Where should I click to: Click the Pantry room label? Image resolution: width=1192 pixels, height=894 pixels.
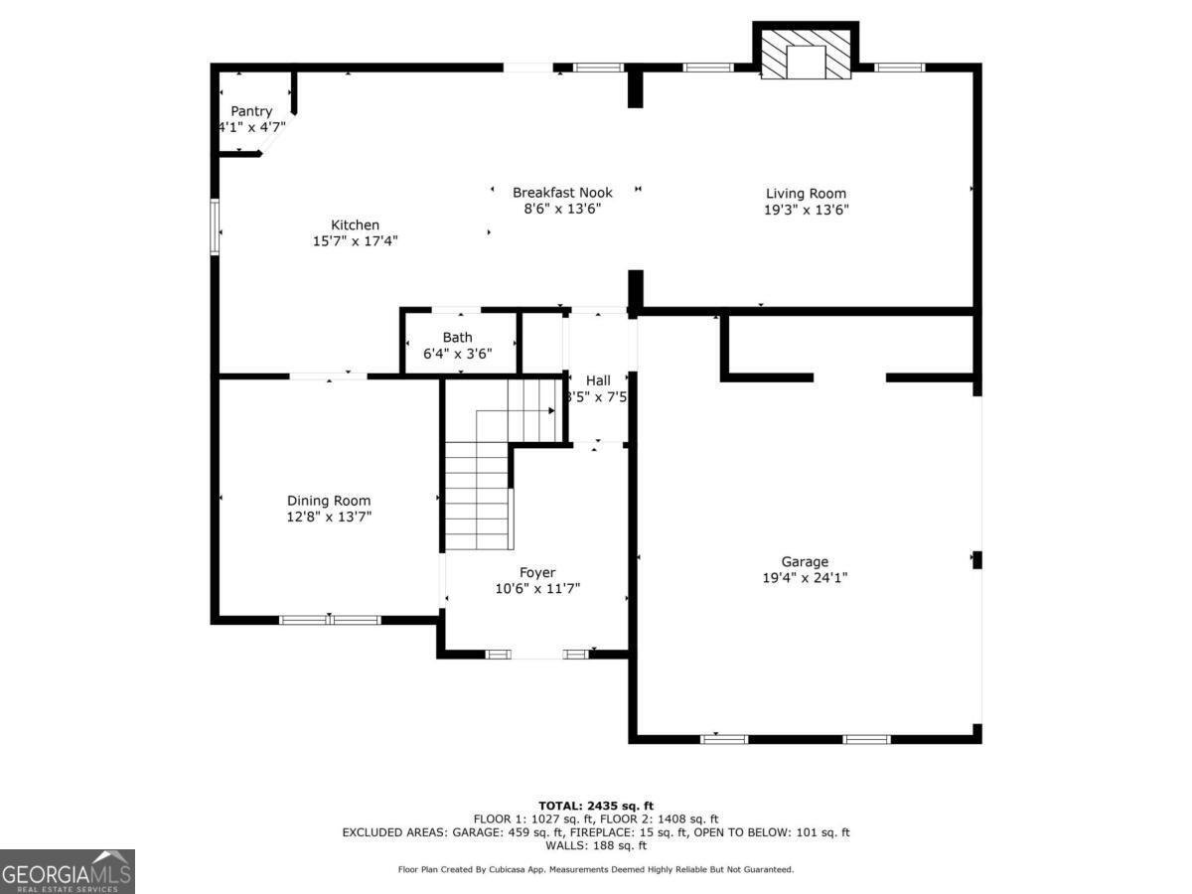(x=251, y=111)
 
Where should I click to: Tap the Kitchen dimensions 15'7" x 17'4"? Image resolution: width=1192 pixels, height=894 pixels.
(x=356, y=240)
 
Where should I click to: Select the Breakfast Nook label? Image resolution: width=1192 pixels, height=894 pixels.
(x=562, y=192)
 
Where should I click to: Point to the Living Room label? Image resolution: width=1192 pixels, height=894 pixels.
(x=806, y=194)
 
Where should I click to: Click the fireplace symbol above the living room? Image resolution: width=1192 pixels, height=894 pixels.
(x=806, y=55)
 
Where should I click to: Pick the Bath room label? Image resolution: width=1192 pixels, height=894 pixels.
(x=458, y=338)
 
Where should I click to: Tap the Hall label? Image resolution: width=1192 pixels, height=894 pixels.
(x=598, y=380)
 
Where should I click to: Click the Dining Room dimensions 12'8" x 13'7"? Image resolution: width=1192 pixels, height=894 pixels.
(x=329, y=517)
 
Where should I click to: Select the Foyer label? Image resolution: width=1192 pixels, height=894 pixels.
(x=537, y=572)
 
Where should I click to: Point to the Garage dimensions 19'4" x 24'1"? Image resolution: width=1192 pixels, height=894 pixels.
(x=805, y=577)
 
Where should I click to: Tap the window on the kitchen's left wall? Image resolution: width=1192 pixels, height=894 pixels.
(x=214, y=227)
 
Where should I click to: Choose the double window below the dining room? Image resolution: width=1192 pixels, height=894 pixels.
(x=330, y=620)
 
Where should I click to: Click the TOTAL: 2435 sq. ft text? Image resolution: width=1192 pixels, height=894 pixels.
(x=595, y=805)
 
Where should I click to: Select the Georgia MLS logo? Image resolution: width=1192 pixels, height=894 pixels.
(x=68, y=871)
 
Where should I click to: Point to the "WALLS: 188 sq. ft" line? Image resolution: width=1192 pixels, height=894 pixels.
(x=595, y=845)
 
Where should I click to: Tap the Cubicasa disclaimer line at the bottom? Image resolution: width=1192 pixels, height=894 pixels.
(x=595, y=869)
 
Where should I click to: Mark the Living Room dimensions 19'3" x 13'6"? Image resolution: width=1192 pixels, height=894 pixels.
(x=806, y=210)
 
